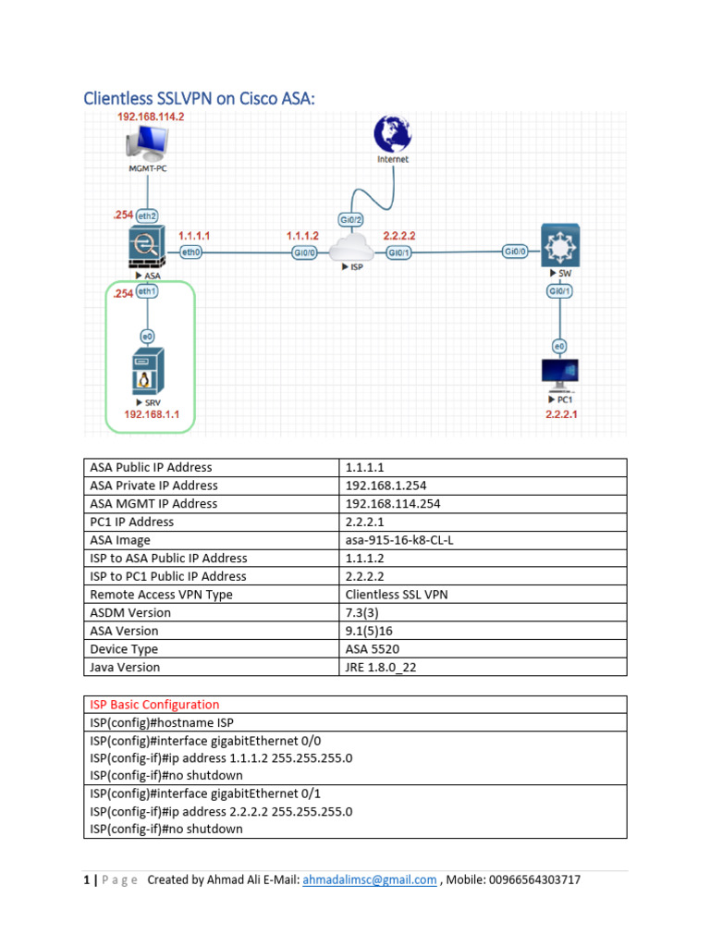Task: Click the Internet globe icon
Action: pyautogui.click(x=392, y=134)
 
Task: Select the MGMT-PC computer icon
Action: pyautogui.click(x=148, y=143)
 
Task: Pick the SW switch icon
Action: pyautogui.click(x=560, y=245)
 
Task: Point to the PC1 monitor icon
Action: pyautogui.click(x=560, y=374)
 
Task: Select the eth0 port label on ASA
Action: pyautogui.click(x=191, y=252)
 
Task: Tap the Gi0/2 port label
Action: pyautogui.click(x=351, y=220)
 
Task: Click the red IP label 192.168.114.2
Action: pyautogui.click(x=152, y=117)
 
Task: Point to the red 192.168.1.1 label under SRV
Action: pyautogui.click(x=152, y=415)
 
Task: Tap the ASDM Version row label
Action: pyautogui.click(x=129, y=612)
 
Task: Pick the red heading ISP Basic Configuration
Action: pyautogui.click(x=154, y=705)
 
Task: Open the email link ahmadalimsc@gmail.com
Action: pyautogui.click(x=370, y=880)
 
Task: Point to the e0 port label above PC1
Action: pyautogui.click(x=559, y=346)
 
